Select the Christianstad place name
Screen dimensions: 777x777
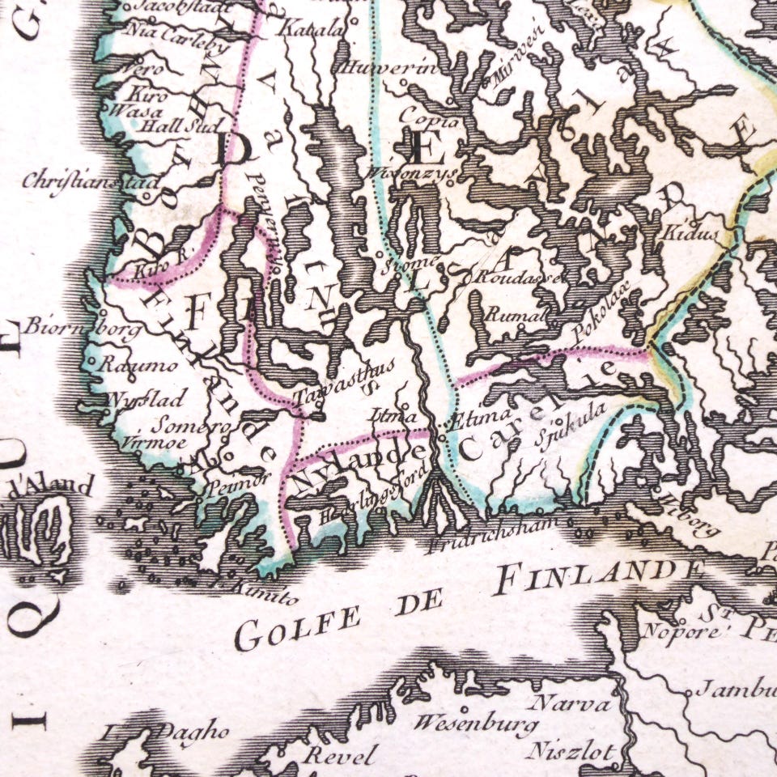click(91, 180)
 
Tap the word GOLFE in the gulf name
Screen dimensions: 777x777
click(297, 628)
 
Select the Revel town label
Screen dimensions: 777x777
click(338, 757)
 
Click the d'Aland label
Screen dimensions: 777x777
click(50, 486)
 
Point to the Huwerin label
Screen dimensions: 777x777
click(390, 69)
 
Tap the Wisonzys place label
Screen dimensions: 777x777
click(411, 172)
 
